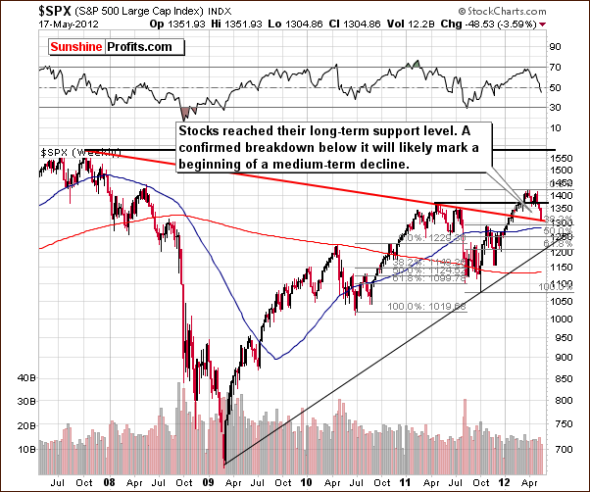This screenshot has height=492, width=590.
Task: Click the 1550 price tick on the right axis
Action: click(561, 157)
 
